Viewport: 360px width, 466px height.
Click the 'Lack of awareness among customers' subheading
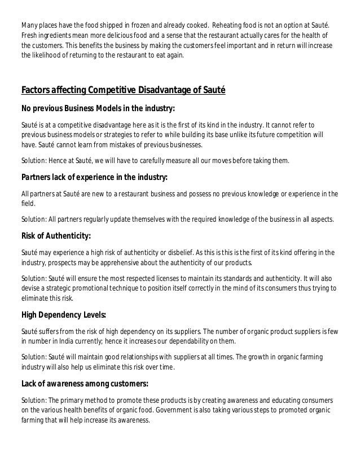pos(85,384)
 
